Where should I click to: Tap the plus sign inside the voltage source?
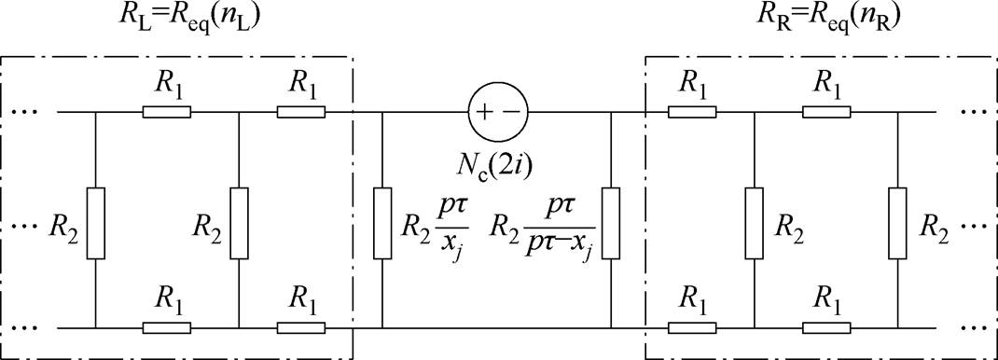click(x=486, y=113)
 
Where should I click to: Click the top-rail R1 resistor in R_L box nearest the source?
click(x=300, y=113)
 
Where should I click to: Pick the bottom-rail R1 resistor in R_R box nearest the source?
click(x=691, y=328)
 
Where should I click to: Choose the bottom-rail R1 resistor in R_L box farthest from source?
click(x=167, y=328)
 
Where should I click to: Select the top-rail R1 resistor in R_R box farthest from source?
click(x=825, y=113)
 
